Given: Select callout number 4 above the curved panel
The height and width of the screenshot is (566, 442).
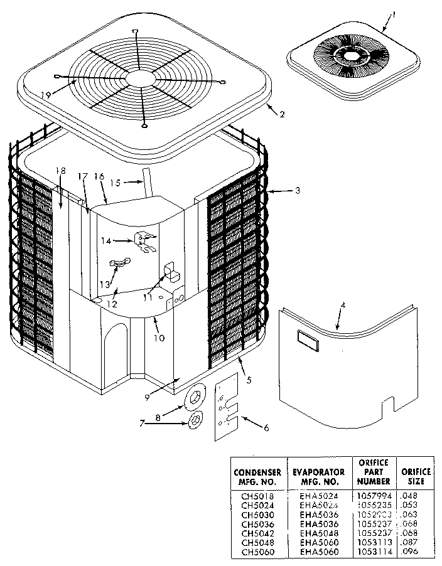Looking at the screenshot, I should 343,306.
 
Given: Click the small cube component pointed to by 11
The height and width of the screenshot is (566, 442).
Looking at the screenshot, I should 170,270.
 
